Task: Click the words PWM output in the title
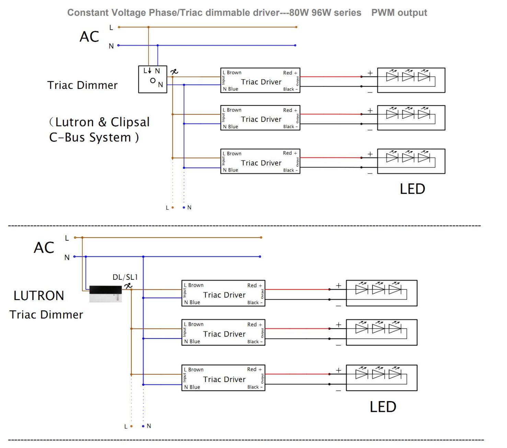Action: click(x=399, y=13)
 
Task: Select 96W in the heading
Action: click(x=321, y=12)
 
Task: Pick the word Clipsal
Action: click(x=130, y=122)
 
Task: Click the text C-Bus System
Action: click(x=90, y=137)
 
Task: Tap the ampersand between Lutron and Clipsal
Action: click(x=102, y=122)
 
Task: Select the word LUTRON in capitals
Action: click(x=39, y=296)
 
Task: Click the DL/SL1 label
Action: click(x=125, y=277)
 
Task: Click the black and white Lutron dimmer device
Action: click(x=106, y=294)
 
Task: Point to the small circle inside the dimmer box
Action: click(x=153, y=81)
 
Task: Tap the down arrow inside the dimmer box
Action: click(x=149, y=70)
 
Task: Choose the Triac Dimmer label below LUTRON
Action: click(x=46, y=314)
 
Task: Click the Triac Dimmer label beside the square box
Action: click(x=82, y=85)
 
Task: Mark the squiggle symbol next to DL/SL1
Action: click(x=128, y=286)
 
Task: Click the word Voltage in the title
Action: click(x=129, y=13)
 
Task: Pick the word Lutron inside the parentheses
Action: click(x=74, y=122)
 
